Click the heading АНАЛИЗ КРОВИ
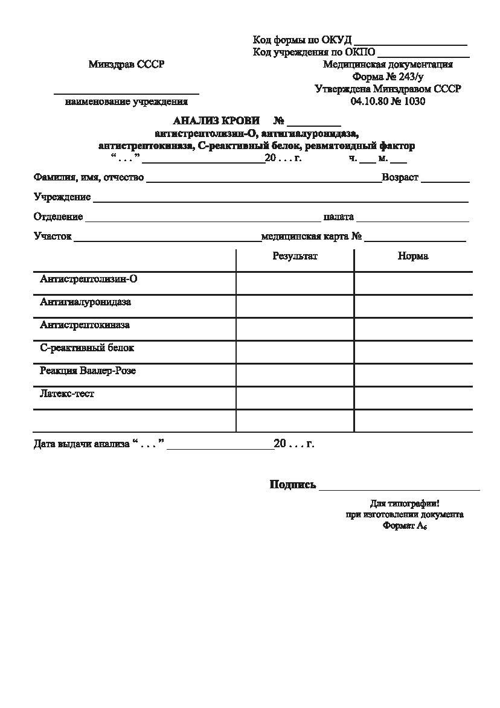coord(216,121)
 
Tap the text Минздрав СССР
coord(126,65)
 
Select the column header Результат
coord(295,256)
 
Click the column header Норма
coord(413,256)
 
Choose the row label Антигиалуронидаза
coord(85,302)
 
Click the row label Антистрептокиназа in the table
coord(85,325)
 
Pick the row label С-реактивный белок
coord(87,348)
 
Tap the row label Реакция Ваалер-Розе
coord(88,371)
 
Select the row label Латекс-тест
coord(67,394)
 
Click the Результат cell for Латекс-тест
coord(295,398)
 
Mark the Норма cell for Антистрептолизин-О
coord(413,283)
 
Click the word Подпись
coord(293,484)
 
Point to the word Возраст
coord(400,177)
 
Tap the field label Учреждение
coord(62,197)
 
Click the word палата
coord(338,217)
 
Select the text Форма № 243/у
coord(388,77)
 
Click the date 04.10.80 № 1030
coord(388,101)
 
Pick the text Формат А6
coord(405,526)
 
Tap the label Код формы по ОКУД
coord(302,40)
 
